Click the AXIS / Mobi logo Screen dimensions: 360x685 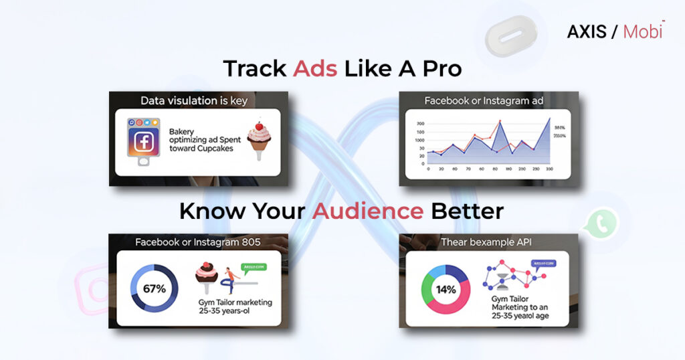pyautogui.click(x=615, y=31)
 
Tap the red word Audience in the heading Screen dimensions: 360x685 pyautogui.click(x=368, y=211)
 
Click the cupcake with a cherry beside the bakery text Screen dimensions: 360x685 pyautogui.click(x=260, y=139)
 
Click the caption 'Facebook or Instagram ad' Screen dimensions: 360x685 pyautogui.click(x=486, y=100)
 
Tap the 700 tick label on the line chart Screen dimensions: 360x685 pyautogui.click(x=420, y=124)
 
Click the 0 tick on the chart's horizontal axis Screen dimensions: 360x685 pyautogui.click(x=428, y=169)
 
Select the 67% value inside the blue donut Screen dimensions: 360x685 pyautogui.click(x=151, y=289)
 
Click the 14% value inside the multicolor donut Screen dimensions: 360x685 pyautogui.click(x=446, y=290)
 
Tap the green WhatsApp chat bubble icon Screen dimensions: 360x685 pyautogui.click(x=600, y=225)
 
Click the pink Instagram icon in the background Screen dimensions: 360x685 pyautogui.click(x=94, y=288)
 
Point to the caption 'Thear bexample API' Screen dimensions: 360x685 pyautogui.click(x=485, y=242)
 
